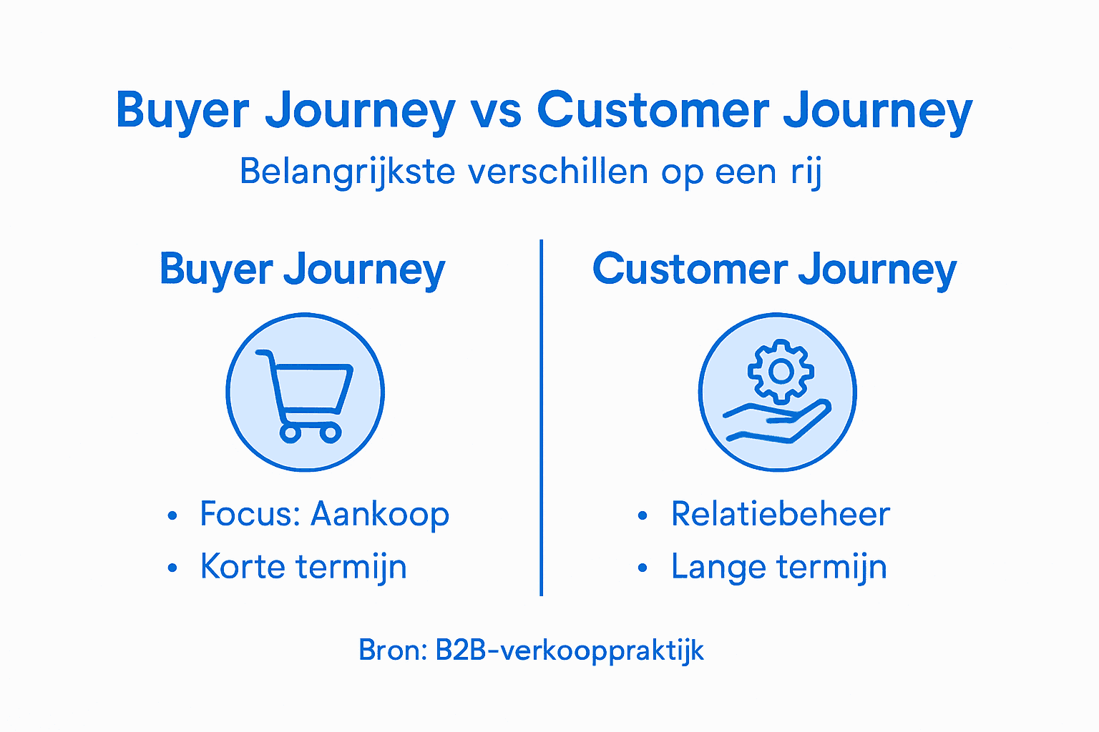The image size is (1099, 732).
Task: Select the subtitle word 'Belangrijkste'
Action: click(x=347, y=172)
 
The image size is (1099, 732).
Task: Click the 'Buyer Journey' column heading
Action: click(x=302, y=270)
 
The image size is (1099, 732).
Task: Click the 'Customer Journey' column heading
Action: click(x=774, y=270)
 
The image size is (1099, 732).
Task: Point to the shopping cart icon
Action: click(x=306, y=392)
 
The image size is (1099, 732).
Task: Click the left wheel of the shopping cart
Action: click(x=289, y=432)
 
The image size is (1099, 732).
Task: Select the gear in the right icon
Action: click(x=781, y=372)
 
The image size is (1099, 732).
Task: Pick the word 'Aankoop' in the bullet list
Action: click(x=380, y=515)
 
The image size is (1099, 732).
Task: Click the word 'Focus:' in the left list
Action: click(x=250, y=515)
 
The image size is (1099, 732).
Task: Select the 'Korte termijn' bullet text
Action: click(x=303, y=568)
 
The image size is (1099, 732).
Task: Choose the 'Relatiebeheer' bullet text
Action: click(x=780, y=515)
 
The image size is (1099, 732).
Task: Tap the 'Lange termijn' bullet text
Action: click(x=778, y=568)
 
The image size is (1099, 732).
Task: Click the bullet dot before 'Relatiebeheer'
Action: click(x=643, y=515)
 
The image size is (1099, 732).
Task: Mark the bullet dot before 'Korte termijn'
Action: click(x=172, y=568)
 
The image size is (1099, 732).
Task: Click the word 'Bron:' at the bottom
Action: click(x=393, y=651)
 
